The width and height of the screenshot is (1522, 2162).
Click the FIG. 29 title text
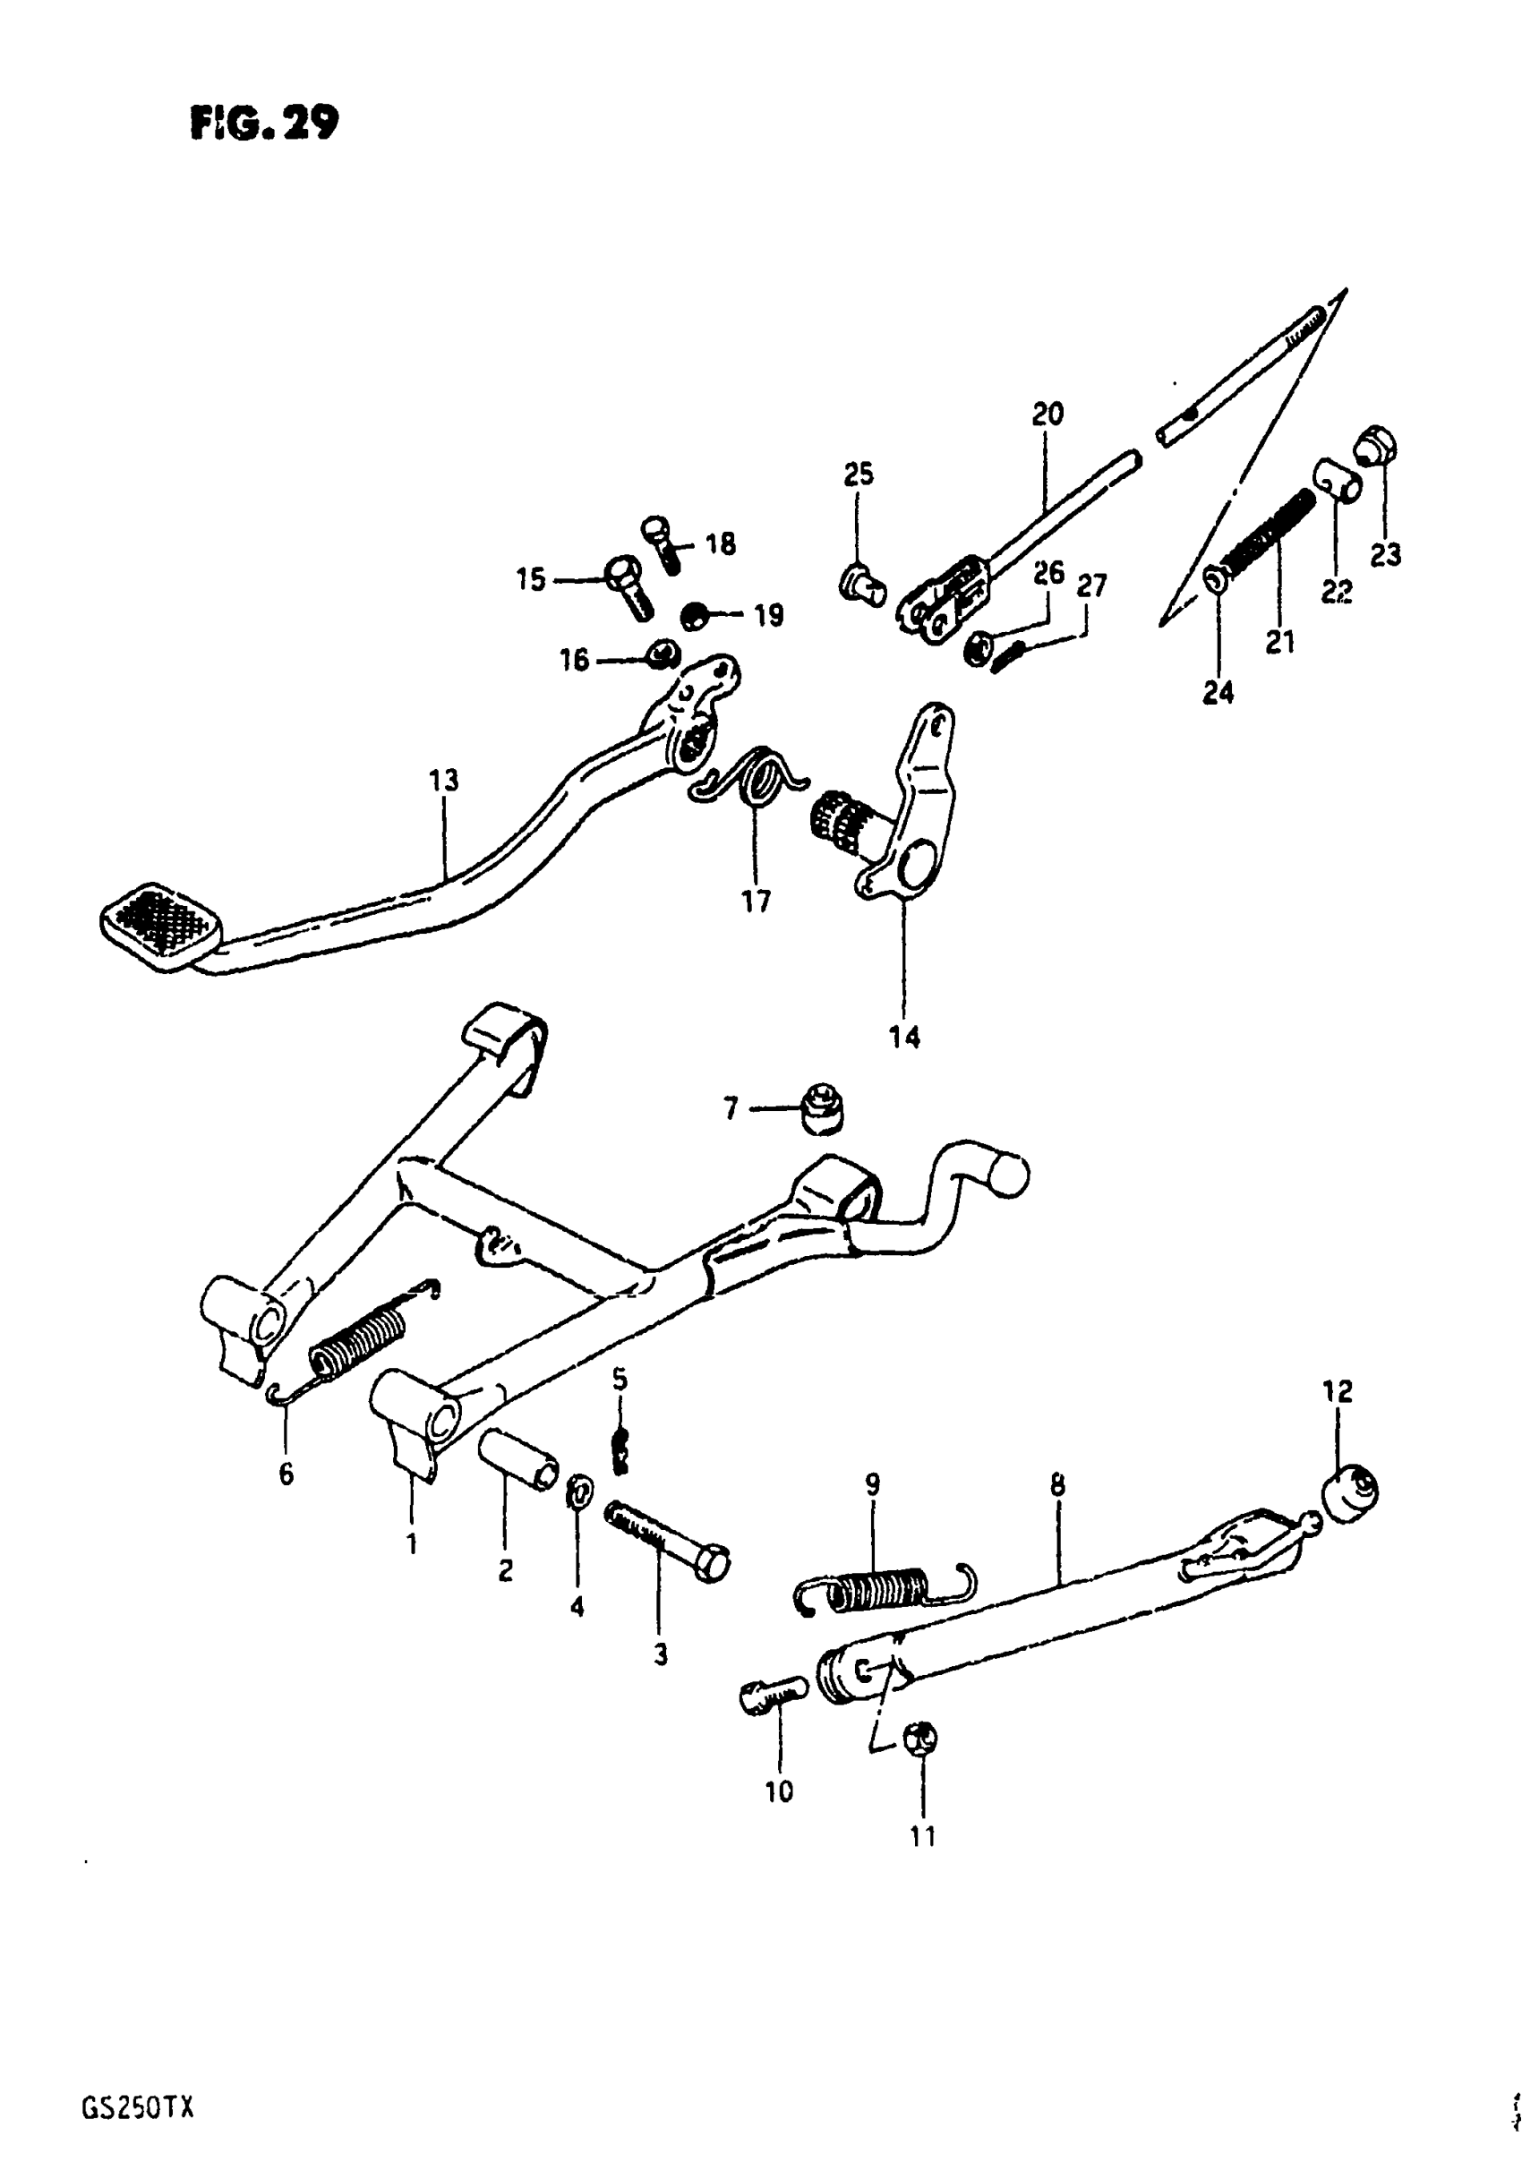pos(264,123)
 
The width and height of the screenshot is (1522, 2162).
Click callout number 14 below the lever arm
pos(904,1038)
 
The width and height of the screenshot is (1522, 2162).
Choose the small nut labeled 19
pos(696,618)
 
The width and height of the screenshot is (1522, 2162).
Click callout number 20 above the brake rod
pos(1047,414)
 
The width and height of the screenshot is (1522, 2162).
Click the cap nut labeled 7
pos(821,1109)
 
